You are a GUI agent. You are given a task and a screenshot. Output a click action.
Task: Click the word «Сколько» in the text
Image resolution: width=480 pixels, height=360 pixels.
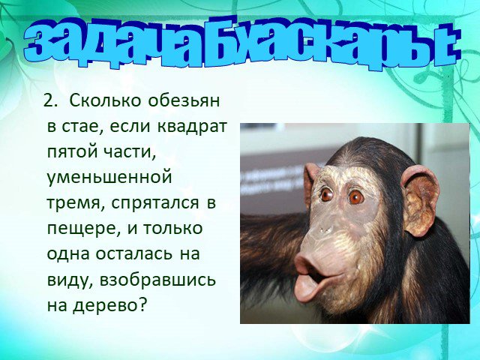point(105,100)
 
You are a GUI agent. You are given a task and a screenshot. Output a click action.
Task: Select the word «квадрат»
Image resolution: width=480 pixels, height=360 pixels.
point(192,127)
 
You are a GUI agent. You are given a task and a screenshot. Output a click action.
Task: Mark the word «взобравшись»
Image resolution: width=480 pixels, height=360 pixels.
point(158,280)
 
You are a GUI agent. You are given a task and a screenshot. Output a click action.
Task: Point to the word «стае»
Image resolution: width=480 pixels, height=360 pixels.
point(82,127)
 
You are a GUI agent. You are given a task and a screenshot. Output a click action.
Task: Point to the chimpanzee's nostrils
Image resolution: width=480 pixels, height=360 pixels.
point(325,229)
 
